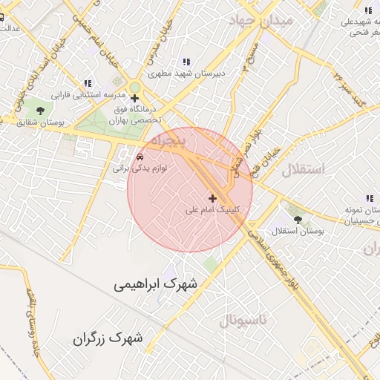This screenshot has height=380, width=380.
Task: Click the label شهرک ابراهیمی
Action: coord(157,284)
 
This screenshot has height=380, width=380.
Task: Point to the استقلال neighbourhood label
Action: coord(303,169)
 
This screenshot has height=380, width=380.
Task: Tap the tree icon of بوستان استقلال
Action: coord(298,220)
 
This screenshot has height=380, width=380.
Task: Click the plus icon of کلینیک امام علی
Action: coord(213,198)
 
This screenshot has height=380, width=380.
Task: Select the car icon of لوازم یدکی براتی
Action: coord(140,157)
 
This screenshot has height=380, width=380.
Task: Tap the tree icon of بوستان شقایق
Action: coord(50,109)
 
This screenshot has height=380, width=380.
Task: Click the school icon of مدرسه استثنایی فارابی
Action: coord(87,83)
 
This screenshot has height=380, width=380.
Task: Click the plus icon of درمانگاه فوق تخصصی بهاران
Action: coord(134,98)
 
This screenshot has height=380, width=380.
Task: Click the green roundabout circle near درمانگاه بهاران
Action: coord(134,86)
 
